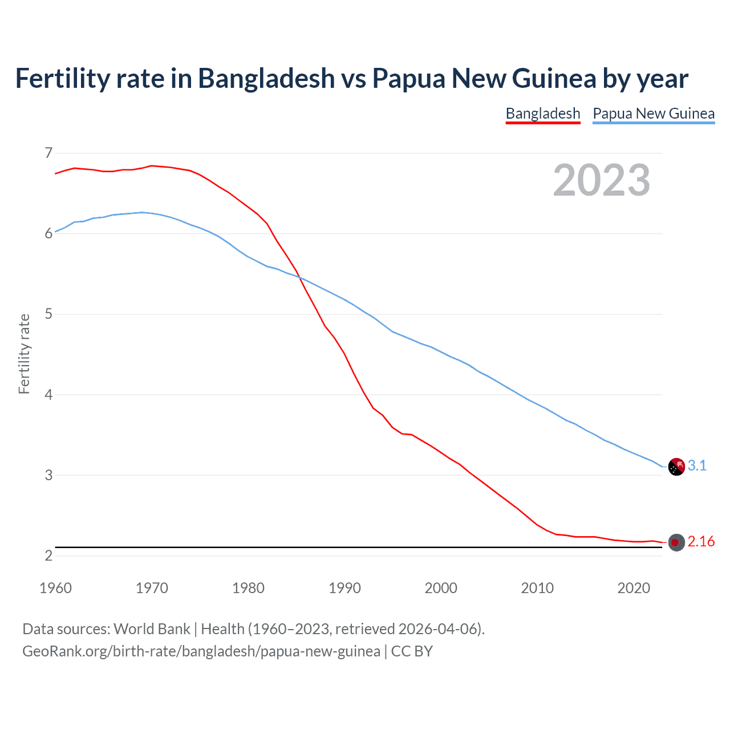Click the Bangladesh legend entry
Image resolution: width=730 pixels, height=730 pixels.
click(543, 113)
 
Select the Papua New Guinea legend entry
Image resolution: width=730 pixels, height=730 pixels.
click(654, 113)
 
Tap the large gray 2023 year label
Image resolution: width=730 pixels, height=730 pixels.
click(602, 180)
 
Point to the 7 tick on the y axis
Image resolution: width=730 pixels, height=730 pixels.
click(48, 153)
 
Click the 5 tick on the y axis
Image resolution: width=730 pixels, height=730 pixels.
click(48, 314)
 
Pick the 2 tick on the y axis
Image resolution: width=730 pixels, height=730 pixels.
click(48, 555)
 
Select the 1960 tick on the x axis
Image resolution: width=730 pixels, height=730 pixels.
click(55, 588)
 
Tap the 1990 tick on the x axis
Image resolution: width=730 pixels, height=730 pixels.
click(344, 588)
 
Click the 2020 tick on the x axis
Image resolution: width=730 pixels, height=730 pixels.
click(634, 588)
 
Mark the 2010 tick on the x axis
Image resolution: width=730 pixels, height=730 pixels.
click(537, 588)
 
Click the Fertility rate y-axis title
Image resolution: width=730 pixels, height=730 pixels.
click(24, 354)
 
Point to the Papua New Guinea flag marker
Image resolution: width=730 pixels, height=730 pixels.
click(676, 467)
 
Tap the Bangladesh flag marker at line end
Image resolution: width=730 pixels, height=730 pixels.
click(676, 542)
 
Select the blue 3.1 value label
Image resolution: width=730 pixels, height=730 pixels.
click(697, 466)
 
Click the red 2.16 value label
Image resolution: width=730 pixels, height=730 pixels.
click(701, 542)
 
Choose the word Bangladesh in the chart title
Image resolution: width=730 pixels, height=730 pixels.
click(266, 78)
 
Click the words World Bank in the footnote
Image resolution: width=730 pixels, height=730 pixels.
click(152, 629)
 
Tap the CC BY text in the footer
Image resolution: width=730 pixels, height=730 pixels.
click(412, 651)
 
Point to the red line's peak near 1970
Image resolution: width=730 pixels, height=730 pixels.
click(151, 165)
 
